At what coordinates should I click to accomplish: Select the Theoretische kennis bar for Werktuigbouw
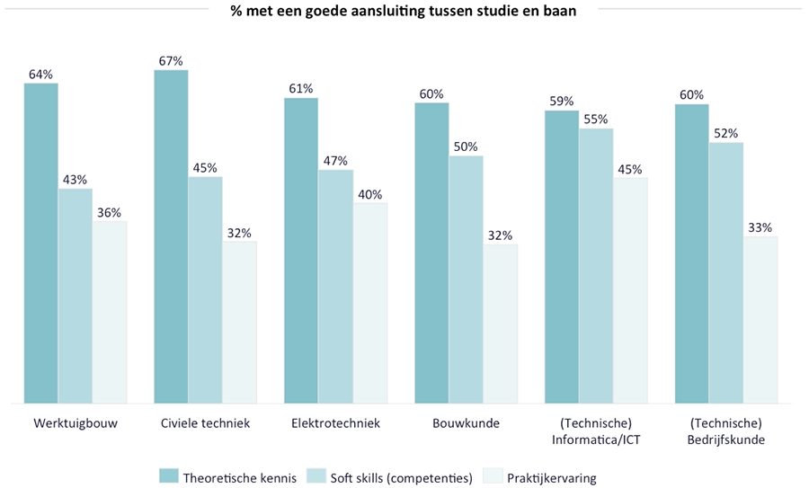(41, 243)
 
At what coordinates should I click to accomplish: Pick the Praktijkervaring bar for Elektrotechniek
(370, 302)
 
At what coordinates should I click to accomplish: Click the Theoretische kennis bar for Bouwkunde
(431, 253)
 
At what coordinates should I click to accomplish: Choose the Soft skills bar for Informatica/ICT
(595, 265)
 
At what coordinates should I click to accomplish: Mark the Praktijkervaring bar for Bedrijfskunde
(760, 319)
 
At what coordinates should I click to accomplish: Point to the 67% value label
(171, 61)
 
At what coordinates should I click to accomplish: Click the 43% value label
(75, 180)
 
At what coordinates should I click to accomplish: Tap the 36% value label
(109, 213)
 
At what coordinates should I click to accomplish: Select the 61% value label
(301, 88)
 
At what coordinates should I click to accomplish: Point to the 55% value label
(595, 119)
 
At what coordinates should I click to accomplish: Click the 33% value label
(760, 227)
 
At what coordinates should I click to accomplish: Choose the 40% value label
(370, 194)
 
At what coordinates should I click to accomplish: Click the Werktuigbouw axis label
(76, 423)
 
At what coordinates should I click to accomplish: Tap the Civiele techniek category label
(205, 423)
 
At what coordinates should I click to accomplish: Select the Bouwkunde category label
(466, 423)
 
